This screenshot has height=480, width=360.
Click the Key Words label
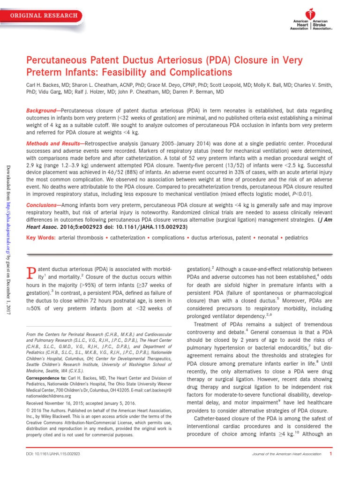pyautogui.click(x=40, y=238)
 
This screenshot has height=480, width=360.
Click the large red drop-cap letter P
pyautogui.click(x=31, y=274)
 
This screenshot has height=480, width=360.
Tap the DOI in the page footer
pyautogui.click(x=54, y=454)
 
